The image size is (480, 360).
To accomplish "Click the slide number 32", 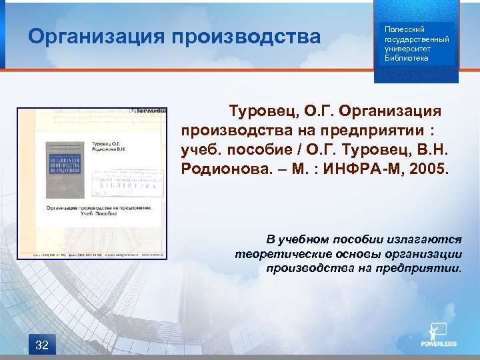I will tap(41, 345).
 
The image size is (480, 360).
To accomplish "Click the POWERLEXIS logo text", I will tap(438, 345).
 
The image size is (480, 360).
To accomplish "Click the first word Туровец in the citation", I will tap(259, 109).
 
